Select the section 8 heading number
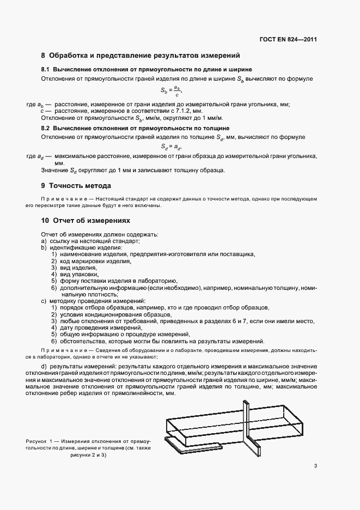[44, 56]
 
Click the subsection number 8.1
[45, 70]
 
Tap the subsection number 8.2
[45, 127]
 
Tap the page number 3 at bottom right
[315, 466]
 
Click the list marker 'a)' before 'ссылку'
[44, 241]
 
